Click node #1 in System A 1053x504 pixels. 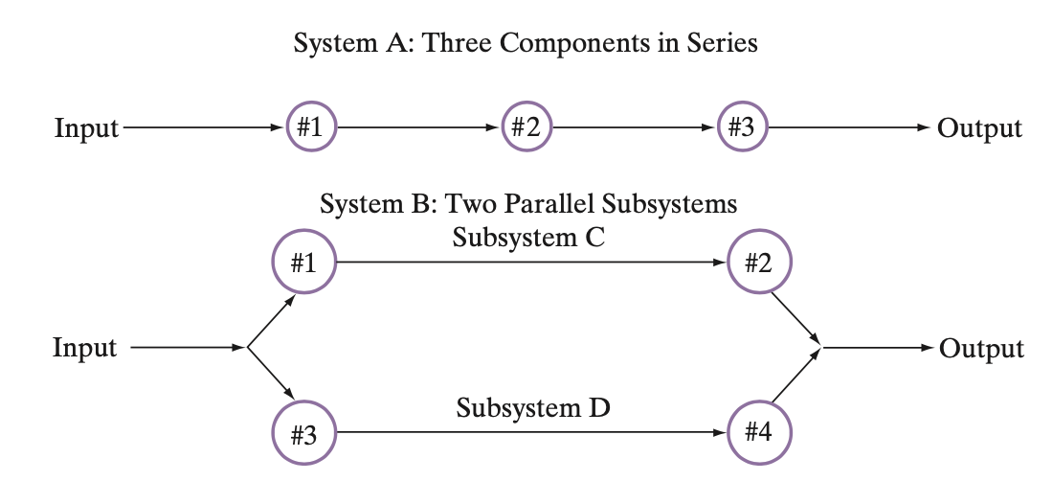point(310,126)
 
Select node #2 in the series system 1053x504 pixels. point(526,126)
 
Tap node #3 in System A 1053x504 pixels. point(742,126)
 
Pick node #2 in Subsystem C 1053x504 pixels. point(759,263)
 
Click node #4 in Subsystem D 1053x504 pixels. point(759,433)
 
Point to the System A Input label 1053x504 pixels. point(86,127)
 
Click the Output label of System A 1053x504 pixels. point(979,127)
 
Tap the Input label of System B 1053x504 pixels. point(84,348)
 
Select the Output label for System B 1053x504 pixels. point(981,348)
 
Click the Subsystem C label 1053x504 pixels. point(528,238)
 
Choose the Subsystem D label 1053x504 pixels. point(532,409)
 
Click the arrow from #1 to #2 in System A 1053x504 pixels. point(418,126)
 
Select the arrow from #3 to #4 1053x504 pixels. point(531,433)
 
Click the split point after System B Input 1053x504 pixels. point(247,348)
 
